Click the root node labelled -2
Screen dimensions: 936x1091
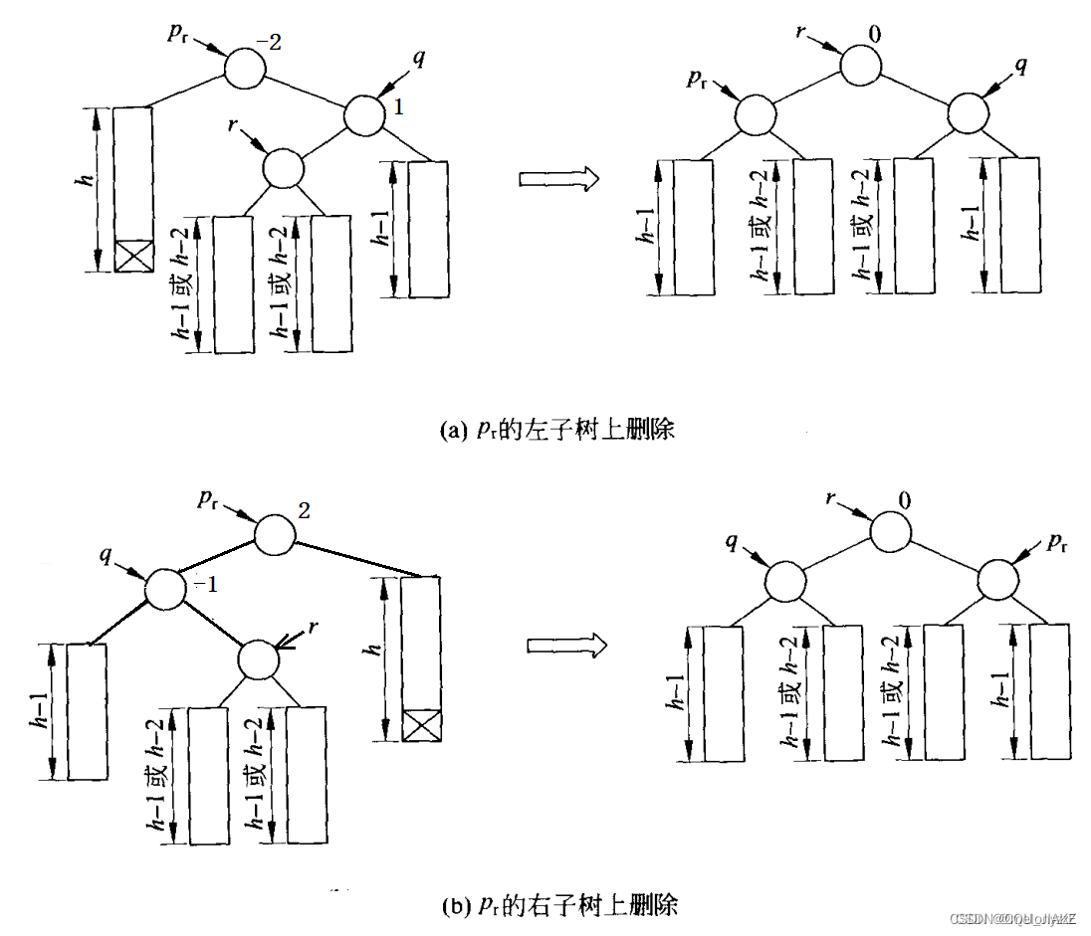(245, 69)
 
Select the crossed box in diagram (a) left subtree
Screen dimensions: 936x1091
(132, 255)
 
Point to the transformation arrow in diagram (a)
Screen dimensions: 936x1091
(558, 178)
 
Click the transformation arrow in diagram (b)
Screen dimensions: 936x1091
(564, 646)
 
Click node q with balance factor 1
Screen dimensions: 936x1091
(364, 114)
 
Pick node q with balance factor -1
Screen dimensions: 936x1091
(166, 588)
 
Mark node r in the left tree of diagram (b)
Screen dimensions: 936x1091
(258, 655)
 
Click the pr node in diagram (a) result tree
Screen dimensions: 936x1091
(754, 114)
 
